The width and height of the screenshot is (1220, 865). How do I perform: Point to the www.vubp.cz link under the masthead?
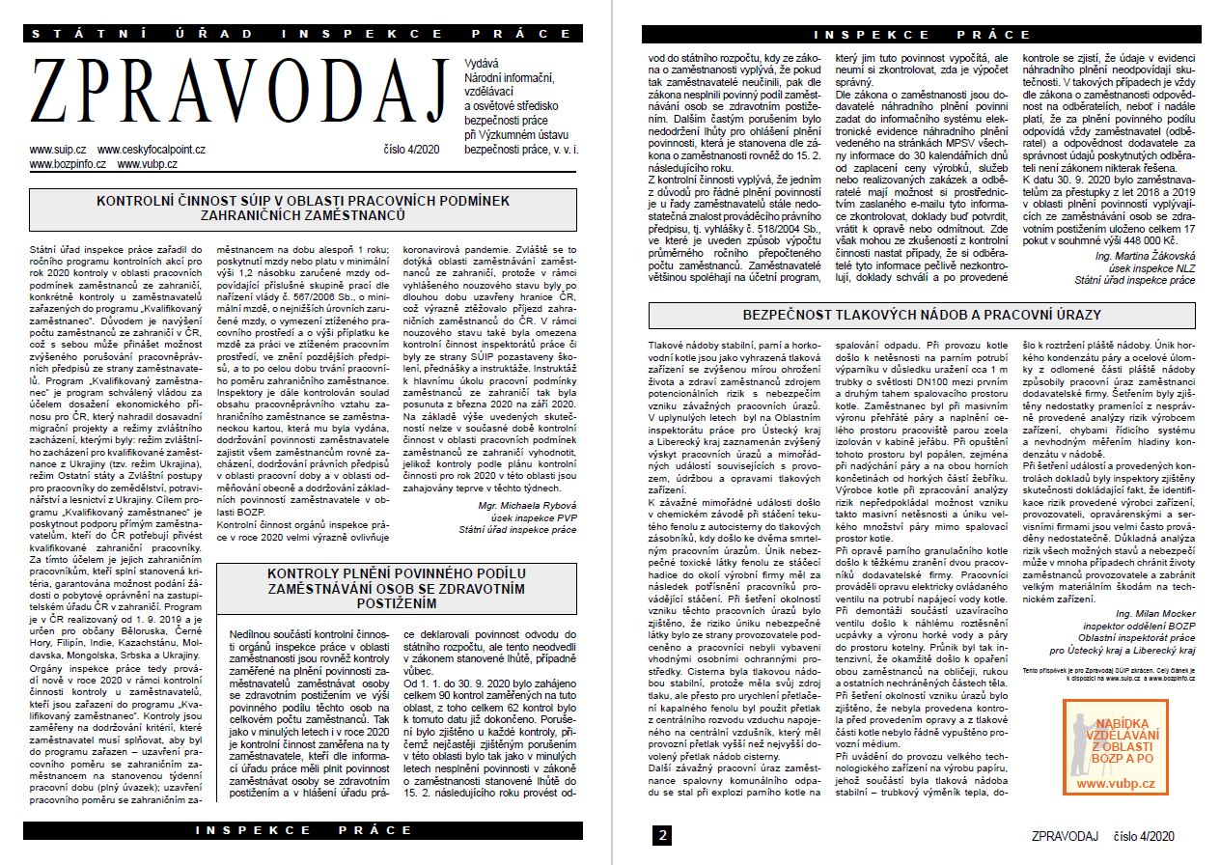tap(147, 164)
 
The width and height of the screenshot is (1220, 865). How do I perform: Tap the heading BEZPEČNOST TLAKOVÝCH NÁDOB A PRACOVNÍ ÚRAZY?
tap(922, 316)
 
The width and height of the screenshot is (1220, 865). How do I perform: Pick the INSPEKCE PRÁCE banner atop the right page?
tap(922, 35)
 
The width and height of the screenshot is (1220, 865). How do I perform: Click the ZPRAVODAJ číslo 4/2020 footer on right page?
tap(1104, 835)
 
